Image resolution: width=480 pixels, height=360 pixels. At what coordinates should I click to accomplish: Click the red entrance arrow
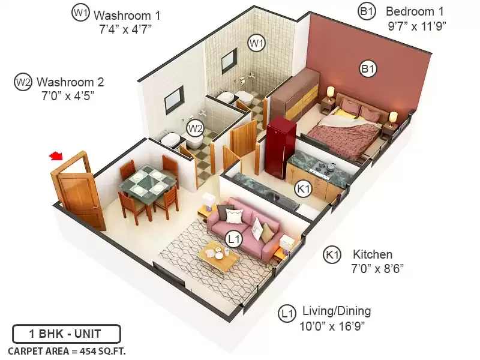(x=56, y=156)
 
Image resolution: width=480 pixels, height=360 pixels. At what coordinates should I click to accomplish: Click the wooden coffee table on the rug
(x=218, y=256)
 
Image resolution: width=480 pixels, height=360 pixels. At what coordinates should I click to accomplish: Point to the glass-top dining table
(x=148, y=181)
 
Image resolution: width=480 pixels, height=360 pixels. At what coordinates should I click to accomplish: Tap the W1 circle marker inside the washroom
(x=256, y=43)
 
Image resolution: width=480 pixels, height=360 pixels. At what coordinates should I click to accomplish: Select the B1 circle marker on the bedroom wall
(x=368, y=68)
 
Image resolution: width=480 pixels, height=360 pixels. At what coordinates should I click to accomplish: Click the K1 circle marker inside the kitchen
(x=304, y=188)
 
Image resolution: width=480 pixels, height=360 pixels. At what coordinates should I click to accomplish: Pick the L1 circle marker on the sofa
(x=234, y=239)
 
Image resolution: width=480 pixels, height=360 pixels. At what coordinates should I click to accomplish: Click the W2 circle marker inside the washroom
(x=195, y=128)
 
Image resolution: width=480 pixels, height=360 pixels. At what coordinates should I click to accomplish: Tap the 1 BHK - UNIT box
(x=67, y=334)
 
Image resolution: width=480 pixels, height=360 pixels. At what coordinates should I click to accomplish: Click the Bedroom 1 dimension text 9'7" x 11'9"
(x=417, y=26)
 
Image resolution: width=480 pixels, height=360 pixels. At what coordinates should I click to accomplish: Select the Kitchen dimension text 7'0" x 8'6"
(x=377, y=269)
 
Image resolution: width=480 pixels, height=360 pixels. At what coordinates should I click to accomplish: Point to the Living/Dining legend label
(x=337, y=311)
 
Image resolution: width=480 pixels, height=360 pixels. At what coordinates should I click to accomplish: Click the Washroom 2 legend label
(x=70, y=82)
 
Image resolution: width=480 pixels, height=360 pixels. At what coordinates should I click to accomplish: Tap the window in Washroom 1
(x=229, y=60)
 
